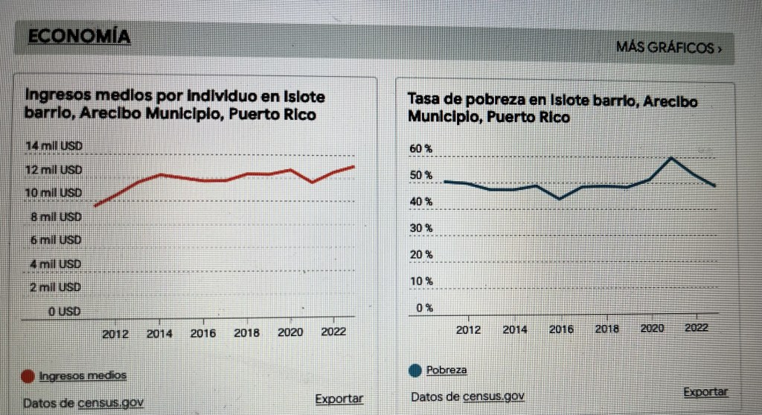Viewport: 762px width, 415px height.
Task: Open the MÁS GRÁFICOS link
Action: pos(668,48)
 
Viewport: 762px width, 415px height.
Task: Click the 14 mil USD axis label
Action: pos(54,145)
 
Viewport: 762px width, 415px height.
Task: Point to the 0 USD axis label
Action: pos(65,311)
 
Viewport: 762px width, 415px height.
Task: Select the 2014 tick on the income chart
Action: pos(159,334)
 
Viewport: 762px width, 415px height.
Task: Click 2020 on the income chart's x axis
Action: pos(289,333)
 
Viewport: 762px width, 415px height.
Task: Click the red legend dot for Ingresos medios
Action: pos(28,376)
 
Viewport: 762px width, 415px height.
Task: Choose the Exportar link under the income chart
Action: pos(339,399)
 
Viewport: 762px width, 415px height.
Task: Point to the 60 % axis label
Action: pos(421,149)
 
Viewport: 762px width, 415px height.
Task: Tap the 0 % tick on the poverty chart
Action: pos(424,307)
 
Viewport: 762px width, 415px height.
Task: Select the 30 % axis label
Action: pos(421,227)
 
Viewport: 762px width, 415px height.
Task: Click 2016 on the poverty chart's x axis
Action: pos(561,329)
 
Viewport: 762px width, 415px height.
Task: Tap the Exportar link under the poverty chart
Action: pos(705,392)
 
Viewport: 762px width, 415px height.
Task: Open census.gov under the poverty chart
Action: pos(493,396)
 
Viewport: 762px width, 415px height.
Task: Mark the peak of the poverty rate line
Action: pos(672,158)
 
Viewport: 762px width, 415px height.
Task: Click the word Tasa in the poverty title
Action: pos(423,99)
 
